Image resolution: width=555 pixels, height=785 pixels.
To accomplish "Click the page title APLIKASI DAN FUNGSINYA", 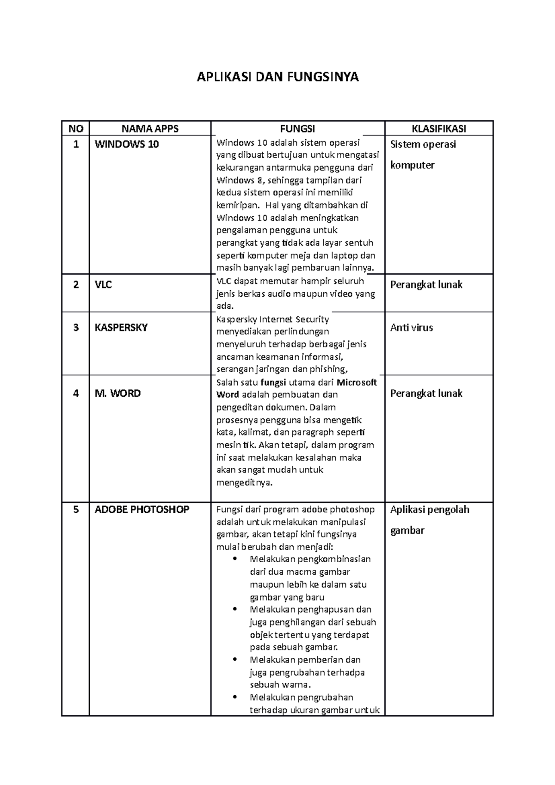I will [x=277, y=77].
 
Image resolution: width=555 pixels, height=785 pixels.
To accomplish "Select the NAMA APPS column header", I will [x=150, y=129].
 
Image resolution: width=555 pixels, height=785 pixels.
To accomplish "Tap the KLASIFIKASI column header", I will [x=439, y=129].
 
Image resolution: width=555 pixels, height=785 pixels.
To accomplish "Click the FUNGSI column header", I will [x=297, y=129].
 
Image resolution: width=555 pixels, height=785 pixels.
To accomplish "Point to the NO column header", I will [x=76, y=129].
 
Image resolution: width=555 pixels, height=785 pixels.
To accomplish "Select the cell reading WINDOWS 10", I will [x=127, y=144].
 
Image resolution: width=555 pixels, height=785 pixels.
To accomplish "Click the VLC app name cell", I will [x=104, y=285].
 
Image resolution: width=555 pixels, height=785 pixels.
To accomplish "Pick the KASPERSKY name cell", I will [x=121, y=328].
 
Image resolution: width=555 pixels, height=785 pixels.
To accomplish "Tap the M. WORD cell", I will [x=117, y=393].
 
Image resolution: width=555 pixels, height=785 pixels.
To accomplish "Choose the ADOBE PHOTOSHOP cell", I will [x=142, y=509].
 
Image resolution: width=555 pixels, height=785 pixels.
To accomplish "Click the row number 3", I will [x=76, y=328].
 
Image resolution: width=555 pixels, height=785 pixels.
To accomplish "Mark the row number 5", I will [x=76, y=509].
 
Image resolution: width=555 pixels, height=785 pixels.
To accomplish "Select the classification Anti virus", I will [x=412, y=328].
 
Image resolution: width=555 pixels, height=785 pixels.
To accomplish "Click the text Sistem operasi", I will [x=423, y=144].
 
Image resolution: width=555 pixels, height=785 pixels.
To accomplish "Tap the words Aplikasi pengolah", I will [x=430, y=509].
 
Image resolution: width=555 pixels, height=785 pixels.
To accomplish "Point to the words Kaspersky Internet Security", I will [x=272, y=319].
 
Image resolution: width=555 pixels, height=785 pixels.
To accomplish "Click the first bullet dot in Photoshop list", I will [x=236, y=559].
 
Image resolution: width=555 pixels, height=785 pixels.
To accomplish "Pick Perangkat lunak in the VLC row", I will [x=426, y=285].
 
